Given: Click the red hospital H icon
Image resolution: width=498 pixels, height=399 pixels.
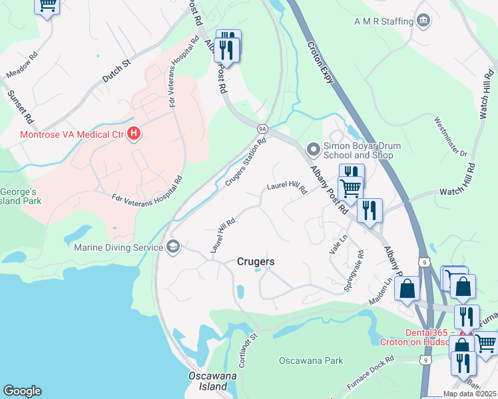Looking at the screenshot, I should click(x=134, y=134).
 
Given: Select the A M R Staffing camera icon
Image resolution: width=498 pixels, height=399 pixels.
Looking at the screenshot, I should click(x=423, y=21).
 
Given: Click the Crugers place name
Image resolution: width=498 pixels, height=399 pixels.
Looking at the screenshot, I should click(x=256, y=262).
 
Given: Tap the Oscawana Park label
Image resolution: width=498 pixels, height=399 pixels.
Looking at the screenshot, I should click(x=310, y=361).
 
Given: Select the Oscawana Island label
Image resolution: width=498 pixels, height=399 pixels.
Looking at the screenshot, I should click(x=210, y=381).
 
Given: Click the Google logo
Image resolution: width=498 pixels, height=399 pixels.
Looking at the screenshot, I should click(x=22, y=391).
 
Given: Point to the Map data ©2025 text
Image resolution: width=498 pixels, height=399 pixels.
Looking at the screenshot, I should click(x=469, y=394).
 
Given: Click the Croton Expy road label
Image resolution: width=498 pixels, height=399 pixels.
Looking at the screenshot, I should click(x=319, y=60).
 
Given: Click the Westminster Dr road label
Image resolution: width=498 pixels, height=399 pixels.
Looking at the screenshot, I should click(x=451, y=136).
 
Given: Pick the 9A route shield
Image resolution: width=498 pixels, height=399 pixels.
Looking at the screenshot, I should click(x=262, y=128).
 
